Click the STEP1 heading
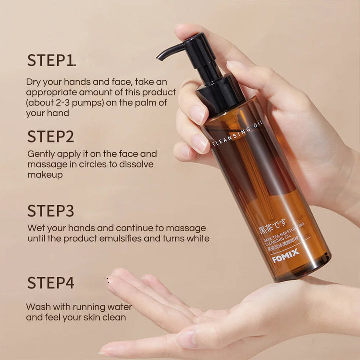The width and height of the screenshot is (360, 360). point(50,60)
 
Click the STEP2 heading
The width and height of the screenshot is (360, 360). point(51,136)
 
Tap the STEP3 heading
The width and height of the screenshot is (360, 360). point(51,211)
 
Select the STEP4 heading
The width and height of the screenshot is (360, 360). point(51,283)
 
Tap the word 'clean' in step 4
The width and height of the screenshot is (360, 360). point(115,317)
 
